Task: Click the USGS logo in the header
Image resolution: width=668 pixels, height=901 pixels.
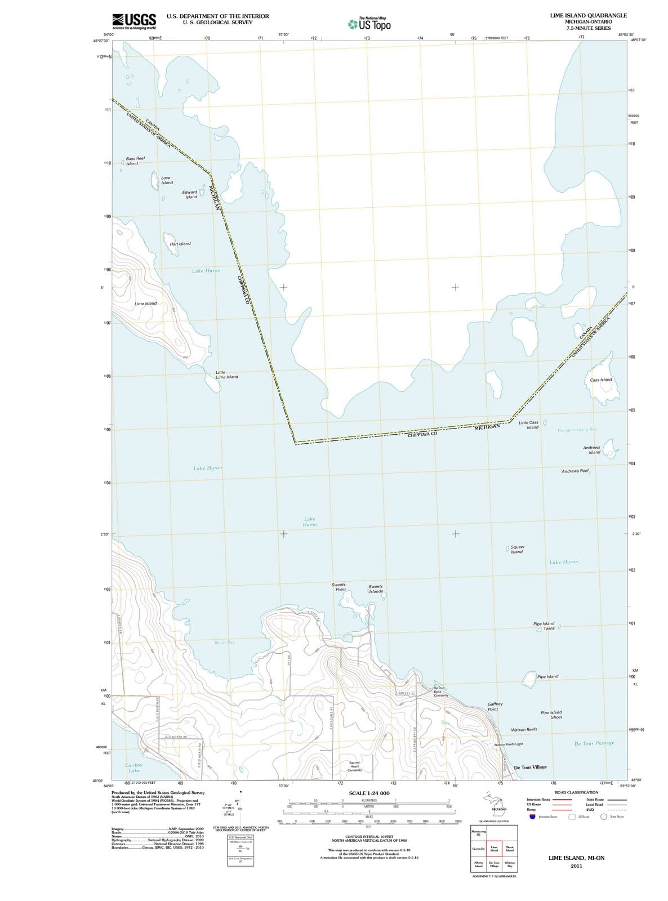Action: coord(134,21)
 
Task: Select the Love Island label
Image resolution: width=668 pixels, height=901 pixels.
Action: coord(167,180)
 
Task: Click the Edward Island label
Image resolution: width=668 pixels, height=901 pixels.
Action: coord(190,194)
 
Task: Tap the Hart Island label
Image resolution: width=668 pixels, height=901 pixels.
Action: coord(180,244)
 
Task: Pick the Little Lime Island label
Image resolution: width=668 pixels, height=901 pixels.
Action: coord(226,374)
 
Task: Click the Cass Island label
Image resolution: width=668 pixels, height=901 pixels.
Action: coord(600,380)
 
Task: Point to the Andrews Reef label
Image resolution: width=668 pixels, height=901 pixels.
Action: coord(575,470)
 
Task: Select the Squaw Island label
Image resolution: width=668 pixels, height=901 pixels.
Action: coord(517,549)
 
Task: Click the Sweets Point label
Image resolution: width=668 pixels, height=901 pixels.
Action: coord(339,587)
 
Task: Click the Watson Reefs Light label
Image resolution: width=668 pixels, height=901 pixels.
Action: coord(509,744)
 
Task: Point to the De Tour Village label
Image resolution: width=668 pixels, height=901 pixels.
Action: coord(530,767)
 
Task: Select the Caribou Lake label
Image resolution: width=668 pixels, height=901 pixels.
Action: coord(134,768)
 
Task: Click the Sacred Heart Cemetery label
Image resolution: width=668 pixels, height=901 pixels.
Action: coord(355,766)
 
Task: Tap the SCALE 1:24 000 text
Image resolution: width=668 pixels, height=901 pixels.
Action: coord(369,793)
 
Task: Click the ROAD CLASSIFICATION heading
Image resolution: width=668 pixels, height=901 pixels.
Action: coord(577,792)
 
